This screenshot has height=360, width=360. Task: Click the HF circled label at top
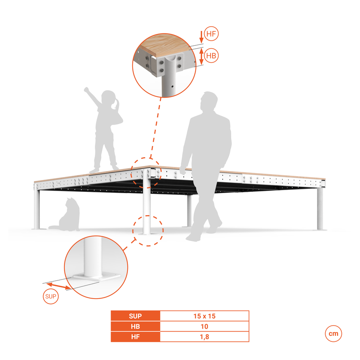(x=211, y=34)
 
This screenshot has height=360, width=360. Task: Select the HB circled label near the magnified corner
(x=211, y=55)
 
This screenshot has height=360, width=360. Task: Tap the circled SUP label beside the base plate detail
(x=51, y=296)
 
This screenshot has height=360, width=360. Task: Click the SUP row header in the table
(x=136, y=316)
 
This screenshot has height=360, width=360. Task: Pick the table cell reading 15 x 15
(x=204, y=316)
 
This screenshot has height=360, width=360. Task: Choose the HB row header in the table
(x=136, y=326)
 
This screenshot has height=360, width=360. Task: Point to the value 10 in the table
(x=204, y=326)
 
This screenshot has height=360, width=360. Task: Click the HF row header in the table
(x=136, y=337)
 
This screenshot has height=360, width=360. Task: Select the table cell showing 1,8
(x=204, y=337)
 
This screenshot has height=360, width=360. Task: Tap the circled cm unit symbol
(x=333, y=333)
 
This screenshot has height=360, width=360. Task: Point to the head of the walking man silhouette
(x=208, y=101)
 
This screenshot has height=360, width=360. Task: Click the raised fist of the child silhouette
(x=86, y=89)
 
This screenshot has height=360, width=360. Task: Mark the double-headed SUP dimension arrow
(x=58, y=286)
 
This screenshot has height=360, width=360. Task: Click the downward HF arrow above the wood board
(x=201, y=37)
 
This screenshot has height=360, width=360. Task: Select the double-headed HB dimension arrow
(x=201, y=56)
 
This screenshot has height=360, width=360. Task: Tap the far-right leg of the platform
(x=320, y=208)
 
